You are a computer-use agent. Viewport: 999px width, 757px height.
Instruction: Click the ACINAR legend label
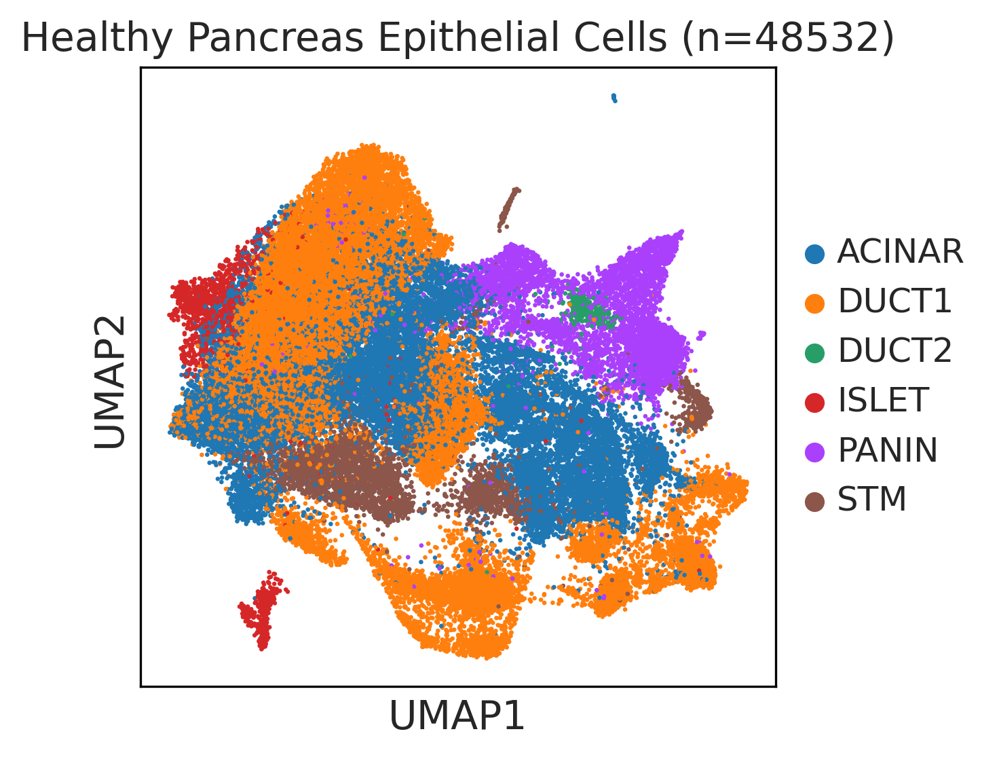[899, 251]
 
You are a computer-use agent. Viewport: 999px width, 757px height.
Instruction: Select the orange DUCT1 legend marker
[814, 303]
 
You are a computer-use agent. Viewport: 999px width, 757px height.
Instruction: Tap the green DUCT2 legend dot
[814, 353]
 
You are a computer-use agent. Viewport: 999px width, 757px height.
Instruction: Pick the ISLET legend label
[883, 400]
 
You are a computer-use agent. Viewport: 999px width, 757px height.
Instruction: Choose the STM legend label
[871, 499]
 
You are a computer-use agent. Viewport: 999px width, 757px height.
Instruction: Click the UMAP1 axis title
[457, 716]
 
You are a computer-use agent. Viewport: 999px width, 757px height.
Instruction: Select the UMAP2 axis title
[110, 382]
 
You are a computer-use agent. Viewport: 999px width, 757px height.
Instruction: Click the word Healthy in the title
[96, 38]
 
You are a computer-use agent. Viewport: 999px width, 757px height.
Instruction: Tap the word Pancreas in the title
[276, 38]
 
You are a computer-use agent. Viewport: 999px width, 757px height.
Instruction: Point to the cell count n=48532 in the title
[789, 38]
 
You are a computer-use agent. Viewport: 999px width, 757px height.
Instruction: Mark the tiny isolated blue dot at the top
[614, 98]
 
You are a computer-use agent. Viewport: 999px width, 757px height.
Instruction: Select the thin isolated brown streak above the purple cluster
[508, 210]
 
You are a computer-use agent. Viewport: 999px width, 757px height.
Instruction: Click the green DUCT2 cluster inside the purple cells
[588, 312]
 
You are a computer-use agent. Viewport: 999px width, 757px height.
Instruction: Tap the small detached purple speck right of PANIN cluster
[701, 335]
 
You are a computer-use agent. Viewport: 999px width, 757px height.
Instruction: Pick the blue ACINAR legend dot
[814, 253]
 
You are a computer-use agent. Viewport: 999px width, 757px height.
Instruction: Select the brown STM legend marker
[814, 502]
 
